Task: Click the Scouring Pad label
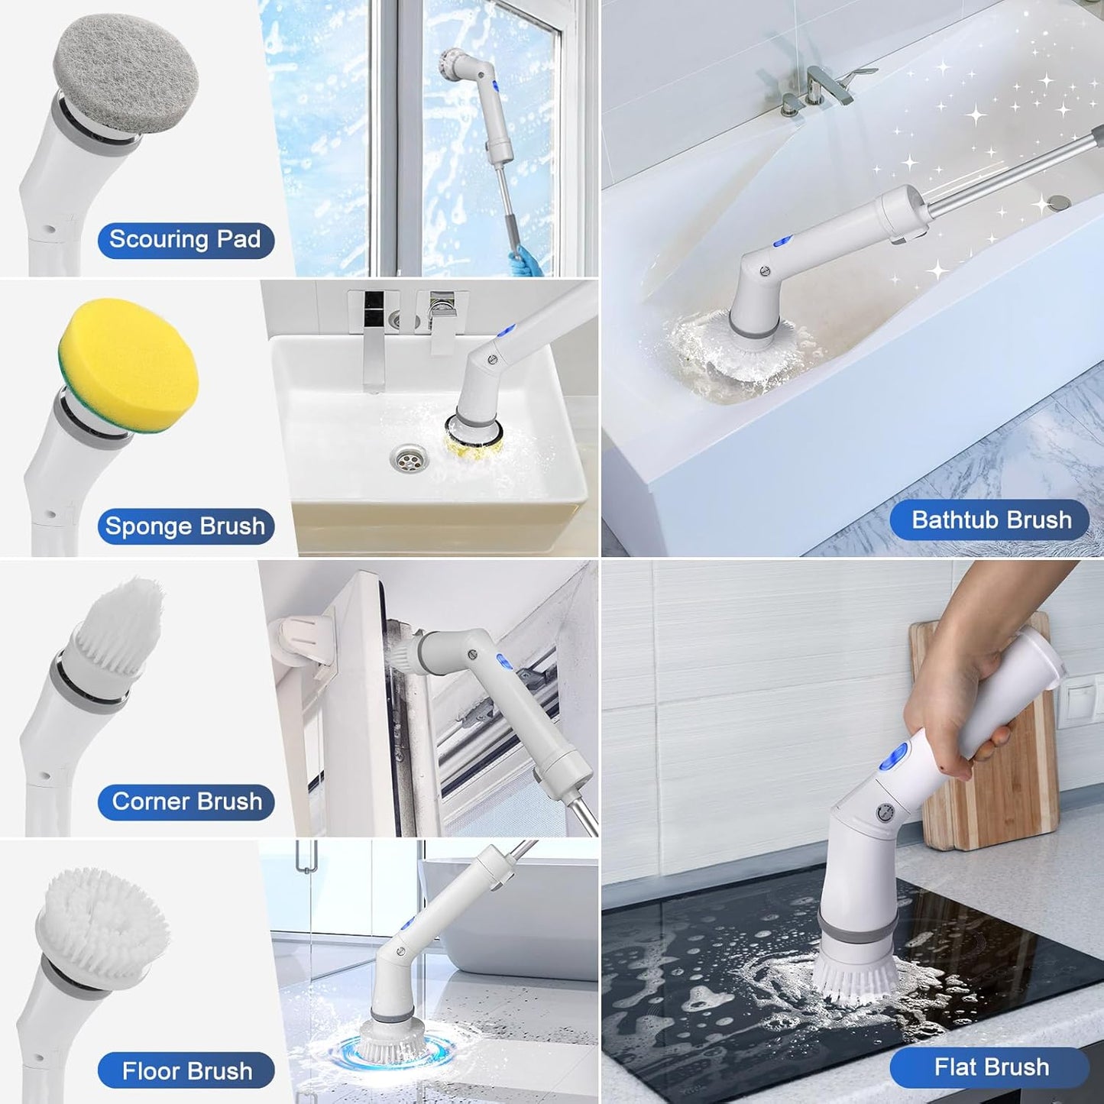click(185, 240)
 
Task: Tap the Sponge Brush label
click(185, 526)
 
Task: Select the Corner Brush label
click(186, 801)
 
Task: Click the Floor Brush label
click(186, 1071)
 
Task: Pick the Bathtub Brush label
click(990, 520)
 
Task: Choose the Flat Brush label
click(990, 1067)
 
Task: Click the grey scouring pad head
click(126, 75)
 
